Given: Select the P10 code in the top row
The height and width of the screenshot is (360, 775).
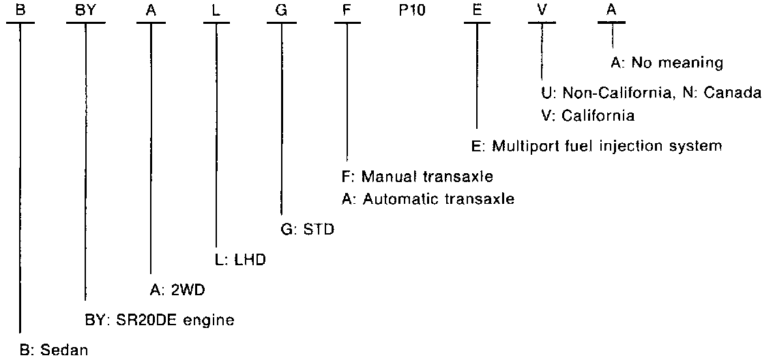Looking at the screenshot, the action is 412,10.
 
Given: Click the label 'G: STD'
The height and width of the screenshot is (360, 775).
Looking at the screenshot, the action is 307,229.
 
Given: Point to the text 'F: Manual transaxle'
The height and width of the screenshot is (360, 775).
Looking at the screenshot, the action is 418,177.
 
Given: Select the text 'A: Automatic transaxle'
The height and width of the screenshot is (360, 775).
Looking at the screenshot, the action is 428,199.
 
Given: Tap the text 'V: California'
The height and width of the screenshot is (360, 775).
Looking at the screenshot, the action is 587,115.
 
